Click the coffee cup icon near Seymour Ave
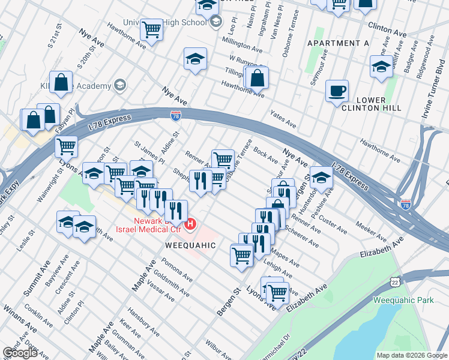[x=337, y=91]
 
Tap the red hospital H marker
[x=191, y=225]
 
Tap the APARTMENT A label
[x=338, y=43]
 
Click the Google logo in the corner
[x=20, y=353]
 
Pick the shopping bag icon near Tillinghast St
[x=256, y=77]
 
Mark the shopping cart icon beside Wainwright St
[x=66, y=145]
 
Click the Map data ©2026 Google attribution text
[x=411, y=355]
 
